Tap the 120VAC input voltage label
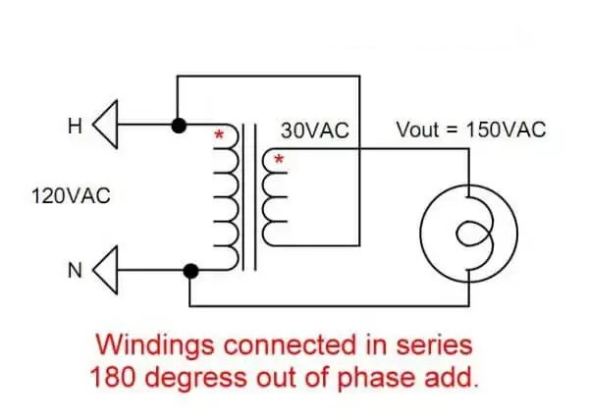(x=70, y=196)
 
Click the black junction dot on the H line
(x=179, y=126)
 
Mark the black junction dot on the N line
(x=190, y=269)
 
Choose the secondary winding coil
(x=274, y=201)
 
